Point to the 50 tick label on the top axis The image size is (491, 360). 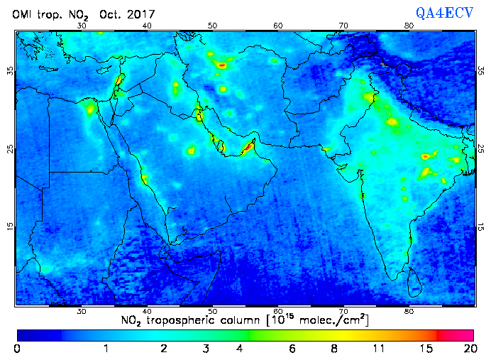(x=212, y=26)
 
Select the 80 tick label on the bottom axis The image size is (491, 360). (x=409, y=311)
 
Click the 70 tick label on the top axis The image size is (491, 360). (x=343, y=26)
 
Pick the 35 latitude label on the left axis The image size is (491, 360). (x=10, y=71)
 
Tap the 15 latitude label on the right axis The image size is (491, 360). (x=480, y=227)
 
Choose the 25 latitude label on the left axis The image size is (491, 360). (x=10, y=148)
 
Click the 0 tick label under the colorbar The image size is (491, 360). (x=17, y=349)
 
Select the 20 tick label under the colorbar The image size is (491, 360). (x=468, y=349)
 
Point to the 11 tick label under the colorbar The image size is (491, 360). (x=380, y=349)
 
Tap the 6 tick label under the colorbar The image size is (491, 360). (x=292, y=349)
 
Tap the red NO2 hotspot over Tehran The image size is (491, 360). (x=222, y=65)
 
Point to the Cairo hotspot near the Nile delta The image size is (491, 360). (x=90, y=109)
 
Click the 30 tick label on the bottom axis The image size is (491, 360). (x=82, y=311)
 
